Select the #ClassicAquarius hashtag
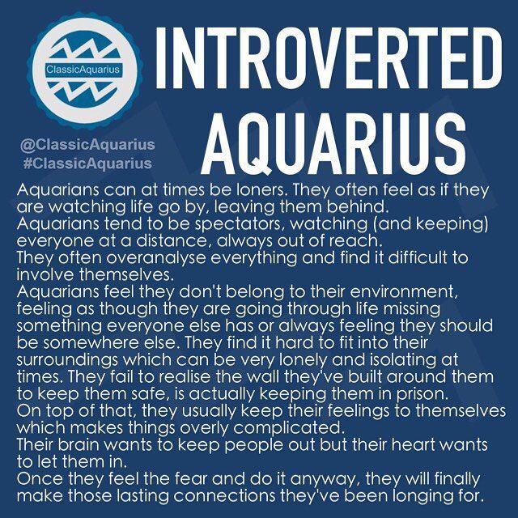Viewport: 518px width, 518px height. click(x=87, y=163)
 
